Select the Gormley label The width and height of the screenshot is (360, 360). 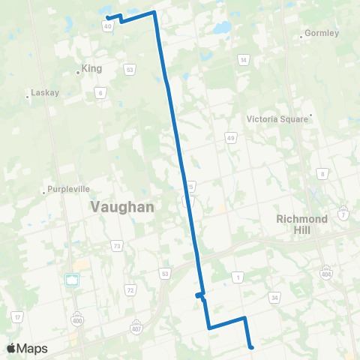tap(322, 34)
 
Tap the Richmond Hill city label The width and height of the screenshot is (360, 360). tap(302, 223)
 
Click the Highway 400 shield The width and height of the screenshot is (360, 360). tap(80, 315)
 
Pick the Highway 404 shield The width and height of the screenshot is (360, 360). tap(326, 268)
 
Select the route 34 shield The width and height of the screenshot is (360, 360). tap(275, 298)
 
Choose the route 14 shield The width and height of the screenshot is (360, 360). tap(243, 59)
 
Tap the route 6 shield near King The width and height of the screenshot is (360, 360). tap(100, 91)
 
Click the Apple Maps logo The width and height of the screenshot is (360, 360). tap(27, 348)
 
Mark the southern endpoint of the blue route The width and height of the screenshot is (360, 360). tap(251, 346)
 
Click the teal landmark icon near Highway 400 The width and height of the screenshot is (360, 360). tap(73, 280)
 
